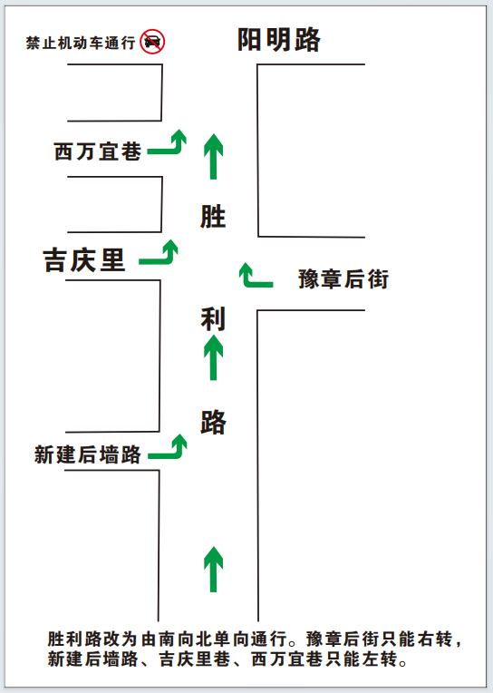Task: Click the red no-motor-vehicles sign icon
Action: pyautogui.click(x=152, y=42)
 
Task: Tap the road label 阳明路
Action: pyautogui.click(x=279, y=40)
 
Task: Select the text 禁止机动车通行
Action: pyautogui.click(x=81, y=43)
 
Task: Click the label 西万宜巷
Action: pyautogui.click(x=98, y=151)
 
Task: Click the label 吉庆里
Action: pyautogui.click(x=84, y=259)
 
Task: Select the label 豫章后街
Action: pyautogui.click(x=343, y=279)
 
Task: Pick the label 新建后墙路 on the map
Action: pyautogui.click(x=88, y=454)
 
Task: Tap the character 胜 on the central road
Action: pyautogui.click(x=213, y=217)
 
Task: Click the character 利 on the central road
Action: pyautogui.click(x=213, y=318)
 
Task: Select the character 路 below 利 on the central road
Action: pyautogui.click(x=213, y=422)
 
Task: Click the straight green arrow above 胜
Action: pyautogui.click(x=213, y=156)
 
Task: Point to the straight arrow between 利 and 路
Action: pyautogui.click(x=213, y=357)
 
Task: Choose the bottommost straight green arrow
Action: pyautogui.click(x=213, y=570)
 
